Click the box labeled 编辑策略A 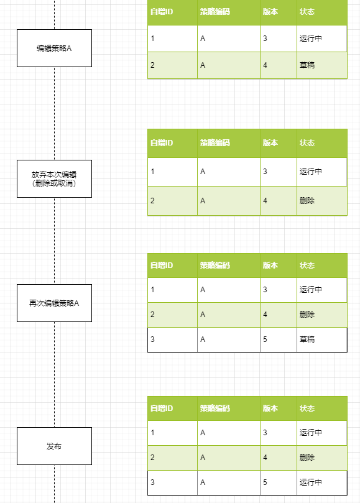click(x=54, y=48)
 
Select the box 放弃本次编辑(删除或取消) click(x=54, y=178)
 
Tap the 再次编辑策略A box click(x=54, y=303)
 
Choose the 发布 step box click(x=54, y=446)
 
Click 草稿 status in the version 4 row click(x=307, y=65)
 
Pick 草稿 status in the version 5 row click(x=307, y=339)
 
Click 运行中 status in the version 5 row click(x=311, y=482)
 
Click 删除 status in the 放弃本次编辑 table click(x=307, y=200)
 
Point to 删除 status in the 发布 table click(x=307, y=457)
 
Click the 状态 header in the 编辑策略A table click(x=307, y=12)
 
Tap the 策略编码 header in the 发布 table click(x=215, y=408)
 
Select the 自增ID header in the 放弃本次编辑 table click(x=162, y=143)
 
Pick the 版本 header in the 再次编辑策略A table click(x=270, y=265)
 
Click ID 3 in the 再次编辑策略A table click(x=152, y=339)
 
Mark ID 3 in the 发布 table click(x=152, y=482)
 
